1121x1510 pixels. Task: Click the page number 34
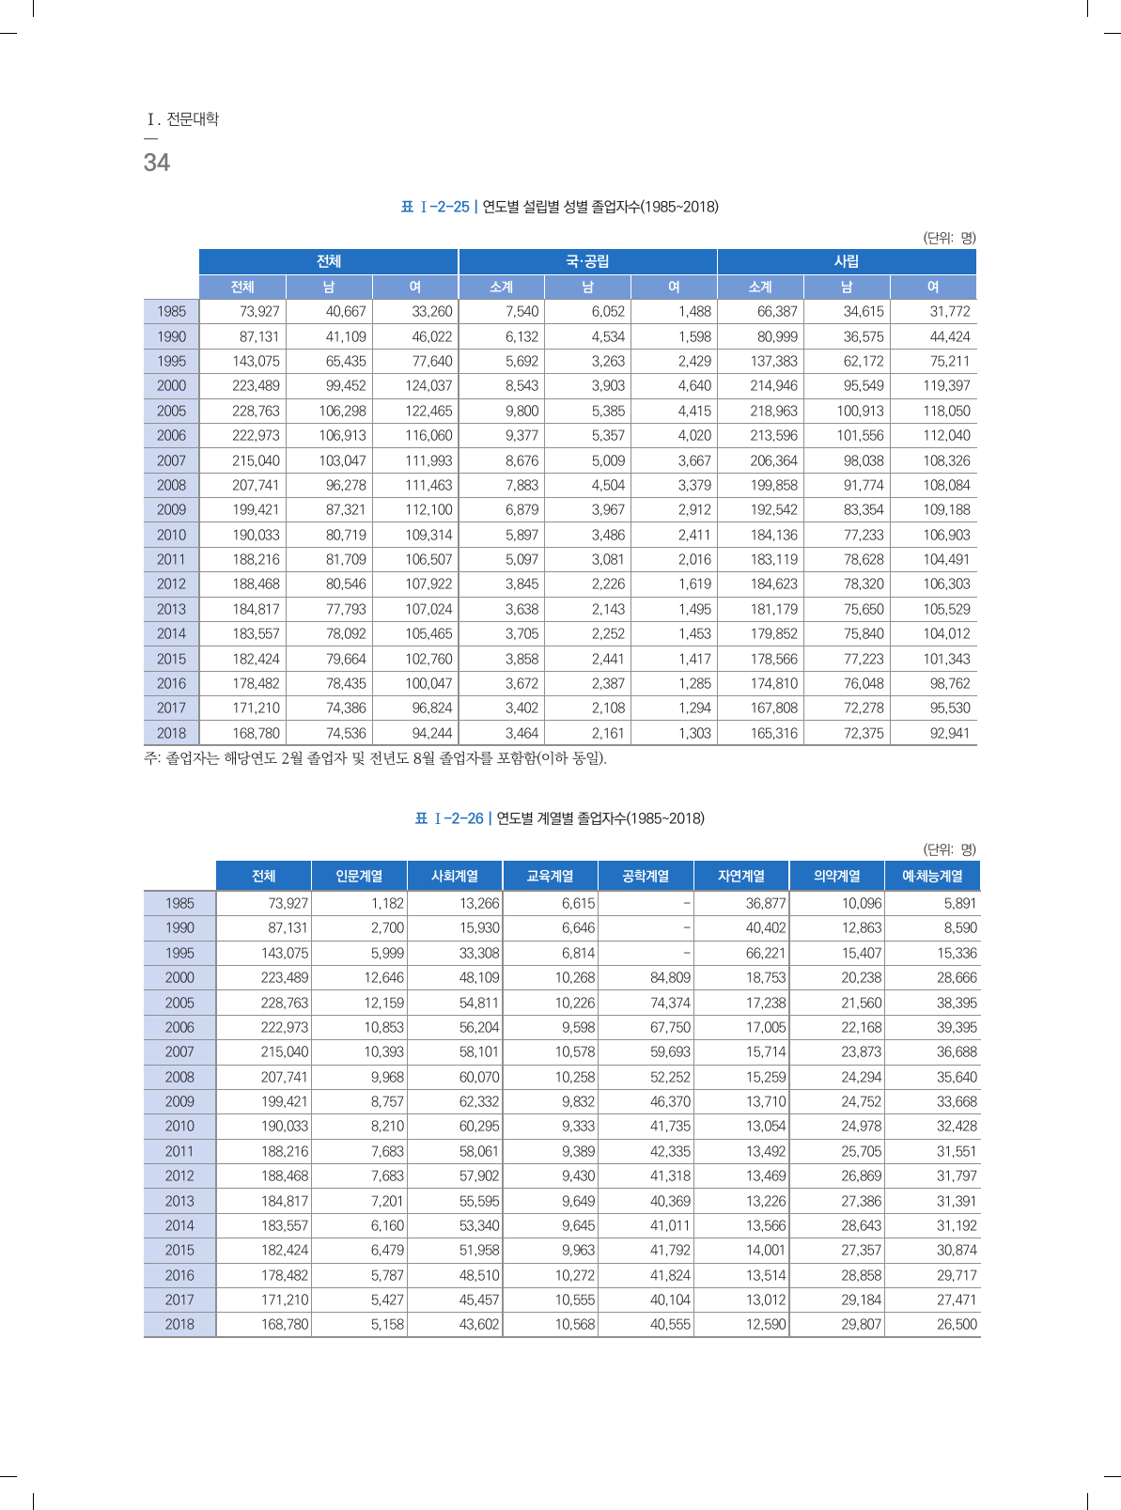click(x=157, y=163)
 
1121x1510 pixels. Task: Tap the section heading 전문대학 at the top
click(x=192, y=119)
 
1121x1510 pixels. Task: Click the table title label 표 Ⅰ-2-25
click(x=434, y=207)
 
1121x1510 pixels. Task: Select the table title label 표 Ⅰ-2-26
click(x=449, y=818)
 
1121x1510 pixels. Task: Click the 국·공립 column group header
click(x=587, y=261)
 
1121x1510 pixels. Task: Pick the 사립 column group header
click(x=846, y=261)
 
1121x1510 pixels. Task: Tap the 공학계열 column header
click(x=646, y=876)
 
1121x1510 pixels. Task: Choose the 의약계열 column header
click(x=836, y=876)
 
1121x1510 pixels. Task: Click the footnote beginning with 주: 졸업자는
click(x=375, y=758)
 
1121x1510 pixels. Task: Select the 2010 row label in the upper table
click(x=171, y=535)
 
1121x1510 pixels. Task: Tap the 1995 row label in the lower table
click(x=179, y=953)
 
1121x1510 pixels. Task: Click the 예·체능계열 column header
click(x=932, y=876)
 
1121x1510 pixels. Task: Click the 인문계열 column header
click(x=359, y=876)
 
